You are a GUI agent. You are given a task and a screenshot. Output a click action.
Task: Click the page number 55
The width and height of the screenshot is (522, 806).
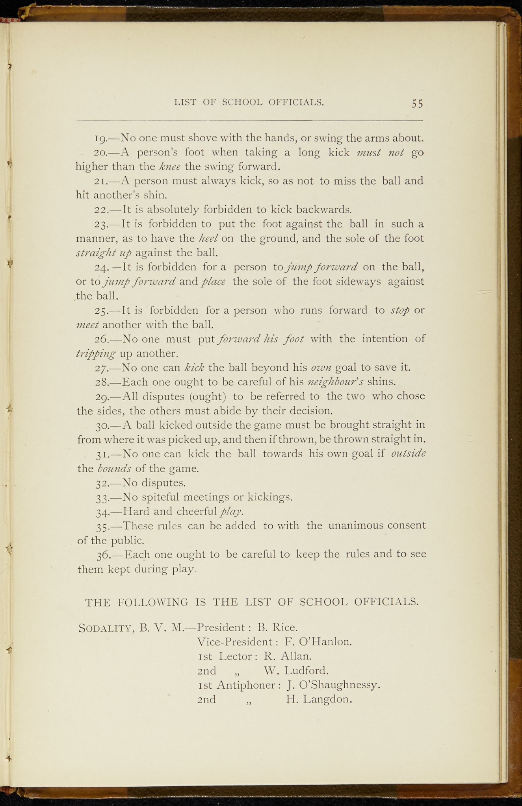click(x=417, y=104)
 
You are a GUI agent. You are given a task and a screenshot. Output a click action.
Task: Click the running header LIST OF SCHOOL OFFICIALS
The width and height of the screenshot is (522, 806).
click(x=249, y=102)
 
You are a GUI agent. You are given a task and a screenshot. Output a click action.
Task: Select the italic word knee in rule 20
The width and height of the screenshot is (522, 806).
click(x=170, y=166)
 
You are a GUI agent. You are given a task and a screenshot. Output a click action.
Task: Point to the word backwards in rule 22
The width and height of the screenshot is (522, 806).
click(x=323, y=209)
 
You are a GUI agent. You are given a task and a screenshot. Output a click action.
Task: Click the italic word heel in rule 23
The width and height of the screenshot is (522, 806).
click(x=208, y=238)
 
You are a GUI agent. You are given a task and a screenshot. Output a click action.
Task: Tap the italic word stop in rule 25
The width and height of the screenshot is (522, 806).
click(x=400, y=311)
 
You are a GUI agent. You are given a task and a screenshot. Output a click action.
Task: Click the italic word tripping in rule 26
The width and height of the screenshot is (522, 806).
click(x=96, y=353)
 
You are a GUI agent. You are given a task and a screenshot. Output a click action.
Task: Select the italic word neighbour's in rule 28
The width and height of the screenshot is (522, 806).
click(x=335, y=382)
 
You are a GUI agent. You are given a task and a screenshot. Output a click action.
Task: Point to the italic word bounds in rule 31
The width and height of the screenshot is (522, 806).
click(x=114, y=468)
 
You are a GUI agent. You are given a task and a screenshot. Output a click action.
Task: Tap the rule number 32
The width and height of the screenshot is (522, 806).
click(x=102, y=483)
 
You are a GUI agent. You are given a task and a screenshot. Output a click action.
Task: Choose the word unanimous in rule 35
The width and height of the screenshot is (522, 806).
click(x=356, y=525)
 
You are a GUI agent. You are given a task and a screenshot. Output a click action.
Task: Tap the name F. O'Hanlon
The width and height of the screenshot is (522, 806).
click(x=318, y=642)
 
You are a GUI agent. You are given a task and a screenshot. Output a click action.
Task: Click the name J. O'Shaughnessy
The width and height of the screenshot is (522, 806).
click(x=334, y=685)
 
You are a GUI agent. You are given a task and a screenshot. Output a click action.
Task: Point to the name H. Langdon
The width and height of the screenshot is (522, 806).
click(x=319, y=699)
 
